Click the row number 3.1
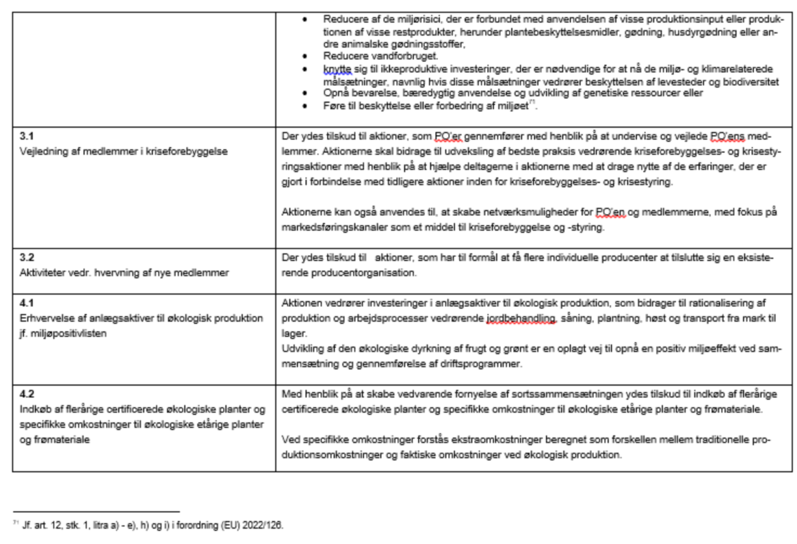click(27, 136)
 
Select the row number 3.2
click(27, 257)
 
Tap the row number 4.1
click(27, 303)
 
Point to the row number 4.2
click(27, 394)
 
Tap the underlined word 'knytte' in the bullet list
click(337, 69)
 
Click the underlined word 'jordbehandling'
click(521, 319)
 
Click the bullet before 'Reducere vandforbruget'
click(305, 56)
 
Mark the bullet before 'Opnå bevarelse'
click(305, 93)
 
